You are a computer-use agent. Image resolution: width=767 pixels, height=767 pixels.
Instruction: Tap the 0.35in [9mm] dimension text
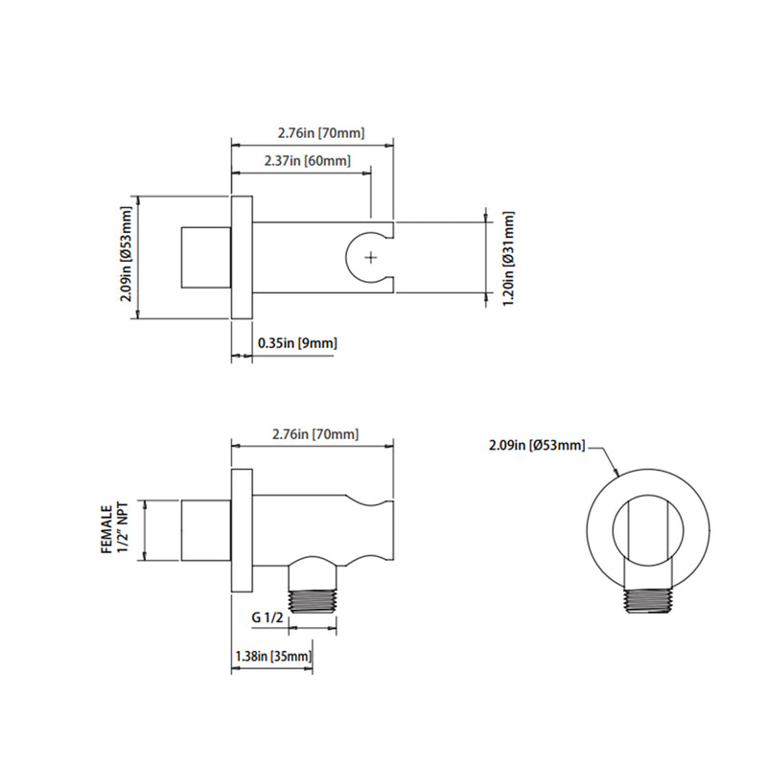(x=297, y=342)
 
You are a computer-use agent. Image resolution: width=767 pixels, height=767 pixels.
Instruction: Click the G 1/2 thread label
(x=268, y=618)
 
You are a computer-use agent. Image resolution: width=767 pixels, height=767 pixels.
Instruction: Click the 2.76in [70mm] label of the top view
(x=313, y=132)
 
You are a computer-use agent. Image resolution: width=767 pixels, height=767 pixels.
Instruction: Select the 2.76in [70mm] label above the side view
(x=313, y=433)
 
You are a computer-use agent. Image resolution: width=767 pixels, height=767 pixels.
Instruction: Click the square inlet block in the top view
(x=205, y=257)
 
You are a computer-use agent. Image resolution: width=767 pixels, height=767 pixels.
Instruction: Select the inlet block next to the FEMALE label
(x=205, y=530)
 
